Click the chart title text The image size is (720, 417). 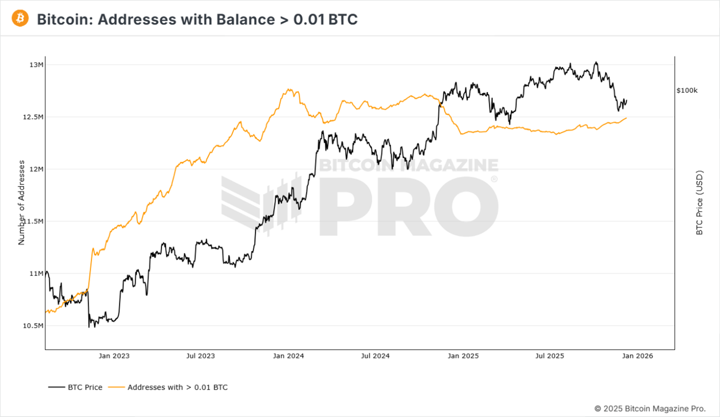point(197,19)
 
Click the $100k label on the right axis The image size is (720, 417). point(687,90)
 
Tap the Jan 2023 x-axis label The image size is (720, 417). point(114,356)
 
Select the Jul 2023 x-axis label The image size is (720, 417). point(200,356)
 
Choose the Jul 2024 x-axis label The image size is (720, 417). point(375,356)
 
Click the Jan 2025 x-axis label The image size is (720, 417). point(463,356)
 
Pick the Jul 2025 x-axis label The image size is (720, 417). point(549,356)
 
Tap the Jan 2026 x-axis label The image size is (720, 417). point(637,356)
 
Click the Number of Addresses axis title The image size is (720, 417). point(22,203)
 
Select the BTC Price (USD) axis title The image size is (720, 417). point(700,202)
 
